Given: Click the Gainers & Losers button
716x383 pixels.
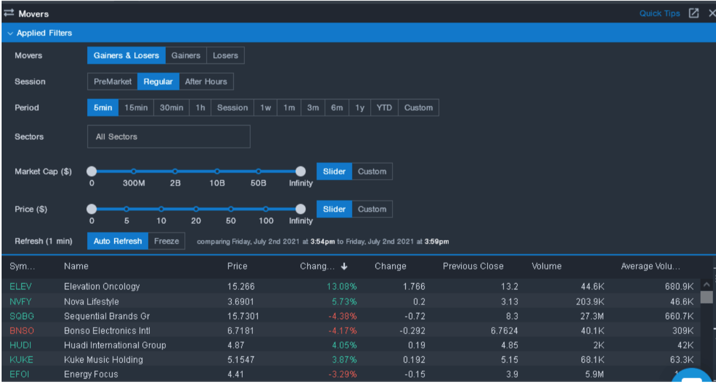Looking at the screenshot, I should click(126, 56).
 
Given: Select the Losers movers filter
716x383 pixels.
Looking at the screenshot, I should click(225, 56).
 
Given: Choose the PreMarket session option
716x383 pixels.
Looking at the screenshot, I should click(113, 82).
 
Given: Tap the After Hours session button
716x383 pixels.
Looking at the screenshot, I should click(206, 82).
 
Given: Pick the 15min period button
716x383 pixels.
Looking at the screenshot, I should click(136, 108).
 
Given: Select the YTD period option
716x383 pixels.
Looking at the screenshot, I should click(384, 108).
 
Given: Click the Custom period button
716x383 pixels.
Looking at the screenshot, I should click(418, 108).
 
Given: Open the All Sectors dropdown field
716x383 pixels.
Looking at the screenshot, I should click(168, 137).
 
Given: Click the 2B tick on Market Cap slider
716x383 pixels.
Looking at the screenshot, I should click(175, 171).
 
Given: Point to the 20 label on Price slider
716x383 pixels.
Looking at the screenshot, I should click(196, 221).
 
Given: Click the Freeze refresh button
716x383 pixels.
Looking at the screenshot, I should click(166, 241).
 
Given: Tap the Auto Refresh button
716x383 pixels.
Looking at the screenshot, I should click(117, 241).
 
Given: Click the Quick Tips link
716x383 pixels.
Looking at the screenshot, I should click(659, 13).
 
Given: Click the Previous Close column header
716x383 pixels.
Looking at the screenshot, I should click(473, 266).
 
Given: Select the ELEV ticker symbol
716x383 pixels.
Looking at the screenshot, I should click(21, 286).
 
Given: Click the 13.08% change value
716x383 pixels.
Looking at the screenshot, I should click(342, 286).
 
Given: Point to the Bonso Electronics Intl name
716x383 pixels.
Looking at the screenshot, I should click(107, 330).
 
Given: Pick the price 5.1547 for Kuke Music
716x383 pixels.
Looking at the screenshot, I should click(241, 360).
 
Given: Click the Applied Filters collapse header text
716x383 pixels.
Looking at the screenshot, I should click(44, 33).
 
